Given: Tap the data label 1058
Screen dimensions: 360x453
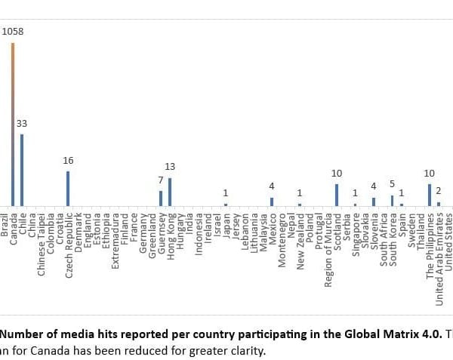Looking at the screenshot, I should (x=13, y=32).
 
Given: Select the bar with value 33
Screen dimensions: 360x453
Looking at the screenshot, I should (x=22, y=170).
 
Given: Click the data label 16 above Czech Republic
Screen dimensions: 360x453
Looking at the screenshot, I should (x=68, y=161).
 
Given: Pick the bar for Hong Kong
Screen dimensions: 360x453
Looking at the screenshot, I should (x=170, y=192).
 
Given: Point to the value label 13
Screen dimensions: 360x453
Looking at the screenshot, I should (x=170, y=167).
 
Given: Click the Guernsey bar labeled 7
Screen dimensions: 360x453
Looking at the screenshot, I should (x=161, y=198).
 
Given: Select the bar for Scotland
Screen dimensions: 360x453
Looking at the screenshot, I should (x=337, y=195).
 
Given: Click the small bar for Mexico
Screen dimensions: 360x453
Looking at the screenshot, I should (x=272, y=202).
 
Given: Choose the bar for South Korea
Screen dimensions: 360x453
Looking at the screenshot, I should (x=392, y=200).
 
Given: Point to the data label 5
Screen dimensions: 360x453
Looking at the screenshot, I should (x=392, y=184).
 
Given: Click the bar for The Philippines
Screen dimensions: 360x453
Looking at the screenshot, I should (x=429, y=195).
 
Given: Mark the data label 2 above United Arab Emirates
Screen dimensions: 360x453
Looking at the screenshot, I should (x=438, y=191).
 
